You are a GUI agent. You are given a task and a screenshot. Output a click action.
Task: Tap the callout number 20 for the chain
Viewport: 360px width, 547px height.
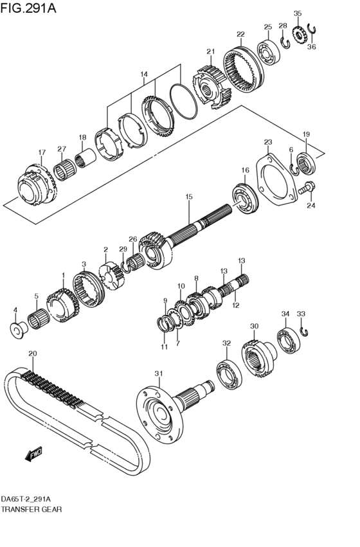[x=33, y=354]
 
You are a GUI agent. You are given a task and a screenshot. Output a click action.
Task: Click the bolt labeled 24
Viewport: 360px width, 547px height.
[x=309, y=189]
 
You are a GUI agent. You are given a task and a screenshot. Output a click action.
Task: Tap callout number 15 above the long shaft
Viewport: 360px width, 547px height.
[x=189, y=197]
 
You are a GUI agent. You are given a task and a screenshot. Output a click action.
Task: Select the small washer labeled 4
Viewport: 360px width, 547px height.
[x=15, y=330]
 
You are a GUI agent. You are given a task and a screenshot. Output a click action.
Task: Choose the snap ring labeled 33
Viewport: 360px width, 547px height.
[x=305, y=331]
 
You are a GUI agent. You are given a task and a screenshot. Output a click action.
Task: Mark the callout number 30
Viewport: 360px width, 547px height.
[x=254, y=326]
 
